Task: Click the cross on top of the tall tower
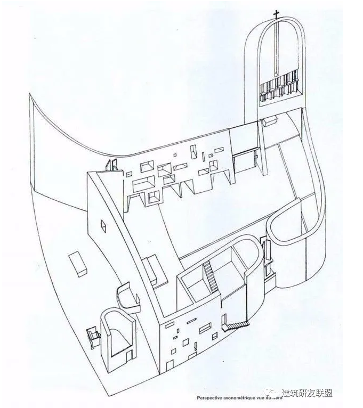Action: tap(277, 14)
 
